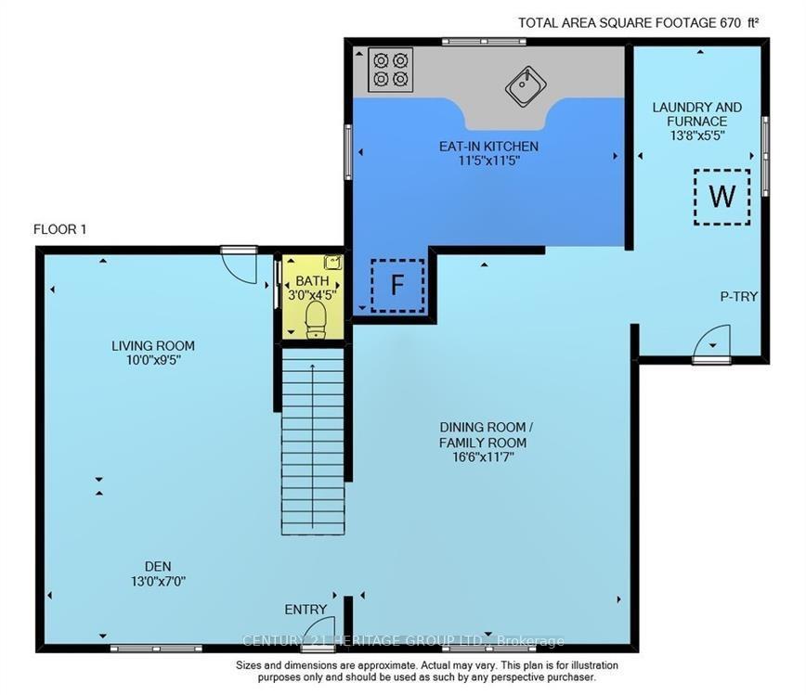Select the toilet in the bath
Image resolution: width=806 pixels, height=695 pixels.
coord(315,317)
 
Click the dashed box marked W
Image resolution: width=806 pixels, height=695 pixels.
coord(721,197)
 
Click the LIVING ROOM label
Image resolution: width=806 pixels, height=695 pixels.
coord(153,346)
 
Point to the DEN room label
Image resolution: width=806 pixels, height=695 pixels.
coord(157,566)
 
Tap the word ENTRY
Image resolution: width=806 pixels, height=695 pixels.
coord(305,610)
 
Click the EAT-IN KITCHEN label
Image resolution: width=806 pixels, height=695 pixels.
coord(488,147)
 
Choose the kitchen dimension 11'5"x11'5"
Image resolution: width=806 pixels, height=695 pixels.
coord(488,161)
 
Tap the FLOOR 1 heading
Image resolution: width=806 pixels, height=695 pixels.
coord(59,229)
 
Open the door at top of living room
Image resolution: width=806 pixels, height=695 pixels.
coord(240,263)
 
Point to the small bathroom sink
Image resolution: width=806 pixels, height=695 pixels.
coord(332,263)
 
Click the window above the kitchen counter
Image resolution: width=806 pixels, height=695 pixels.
coord(483,41)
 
